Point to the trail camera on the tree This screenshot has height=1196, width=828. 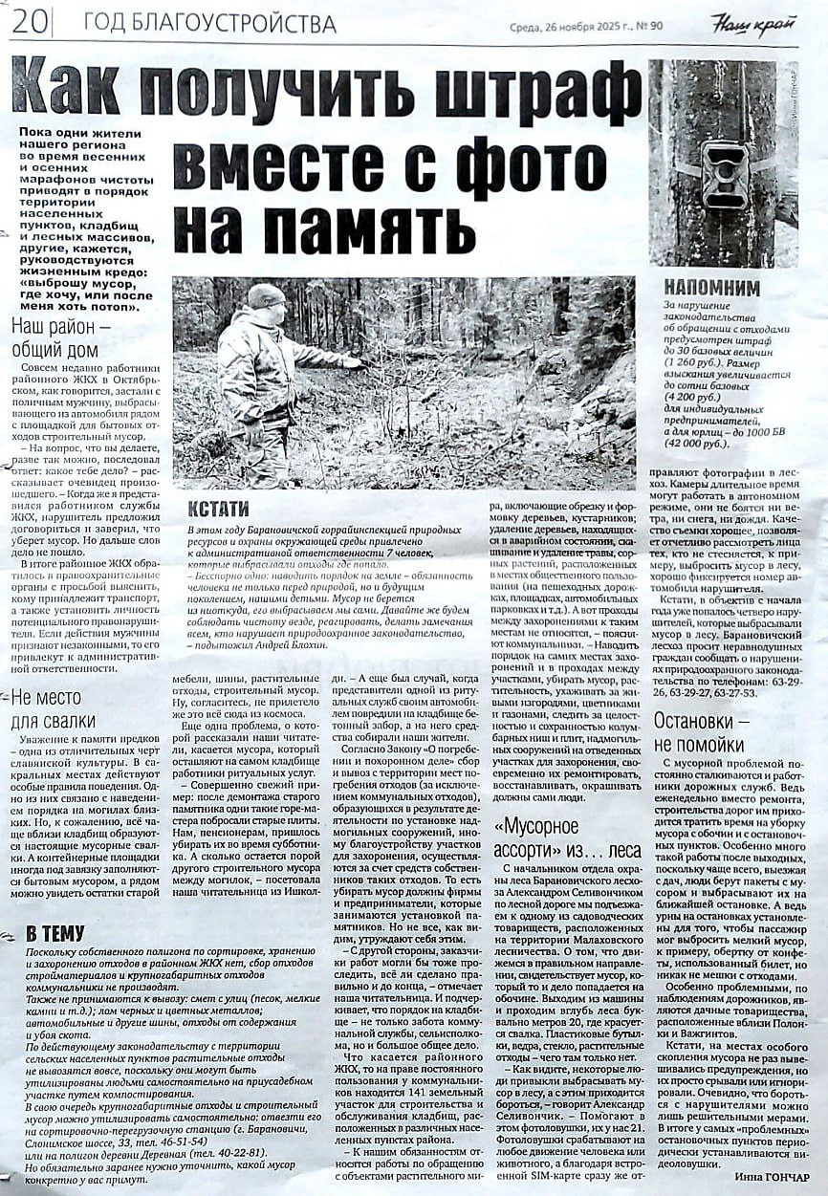(x=724, y=172)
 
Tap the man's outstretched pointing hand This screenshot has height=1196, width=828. (x=353, y=362)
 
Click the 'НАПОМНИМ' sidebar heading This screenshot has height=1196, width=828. (x=712, y=288)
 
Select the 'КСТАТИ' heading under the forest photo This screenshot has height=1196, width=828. (x=218, y=509)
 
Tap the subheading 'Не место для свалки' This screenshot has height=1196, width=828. (x=53, y=708)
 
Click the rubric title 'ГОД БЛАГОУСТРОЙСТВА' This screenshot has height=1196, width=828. (x=209, y=23)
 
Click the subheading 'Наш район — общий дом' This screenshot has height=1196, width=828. (x=60, y=338)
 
